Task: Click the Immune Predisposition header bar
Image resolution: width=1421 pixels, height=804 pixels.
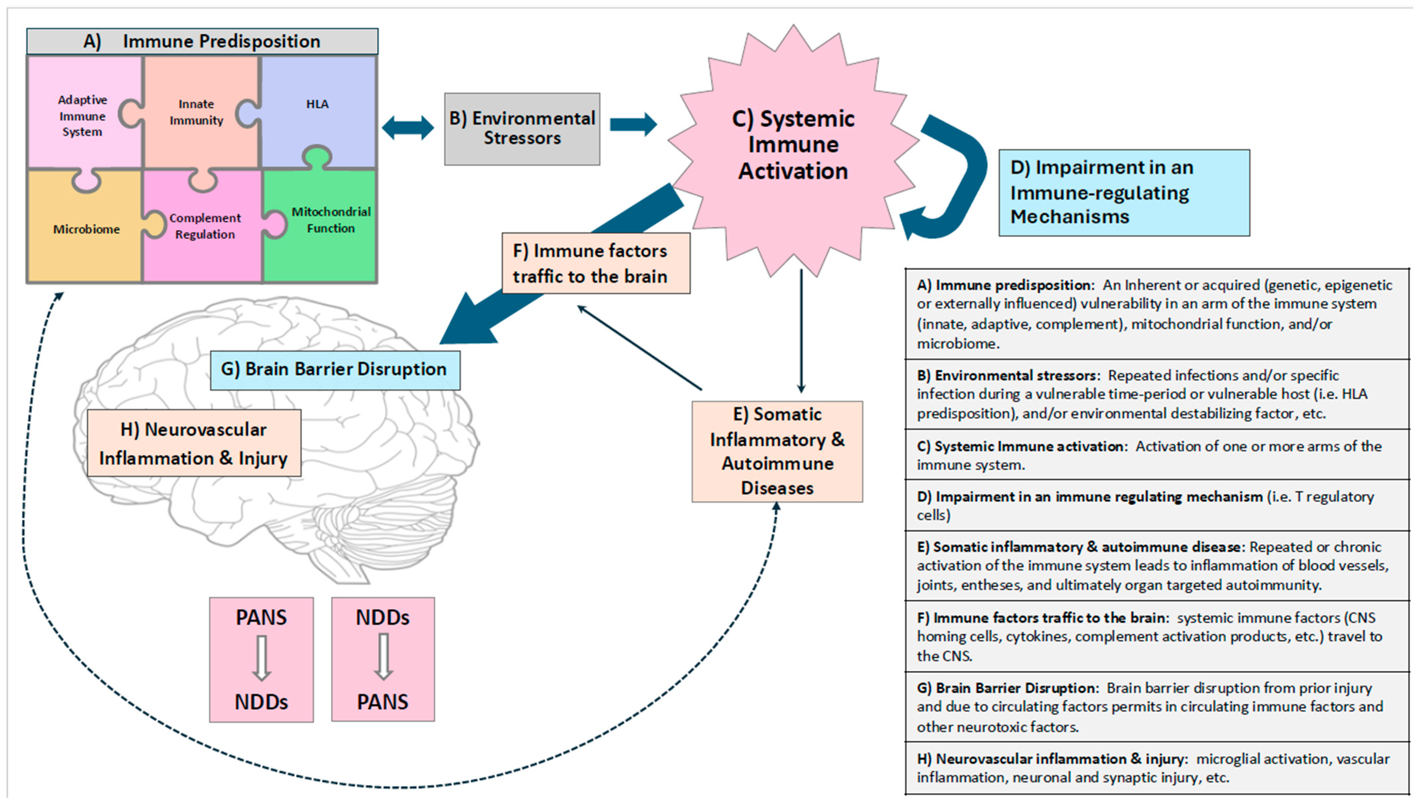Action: [x=202, y=41]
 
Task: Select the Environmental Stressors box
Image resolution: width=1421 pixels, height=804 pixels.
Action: [x=522, y=129]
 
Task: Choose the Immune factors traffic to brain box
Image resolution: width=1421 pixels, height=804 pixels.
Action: [x=595, y=263]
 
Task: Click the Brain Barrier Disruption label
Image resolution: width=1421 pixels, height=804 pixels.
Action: [x=335, y=369]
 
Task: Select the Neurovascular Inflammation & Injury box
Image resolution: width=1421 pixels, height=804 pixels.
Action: [x=194, y=443]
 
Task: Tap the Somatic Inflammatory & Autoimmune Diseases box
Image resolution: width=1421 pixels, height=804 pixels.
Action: [x=777, y=451]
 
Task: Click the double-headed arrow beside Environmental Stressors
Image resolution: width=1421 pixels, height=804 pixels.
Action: [x=408, y=128]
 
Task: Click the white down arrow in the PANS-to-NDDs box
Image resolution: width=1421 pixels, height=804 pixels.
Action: [x=261, y=658]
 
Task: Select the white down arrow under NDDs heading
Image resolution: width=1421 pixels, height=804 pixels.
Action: [x=383, y=657]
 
